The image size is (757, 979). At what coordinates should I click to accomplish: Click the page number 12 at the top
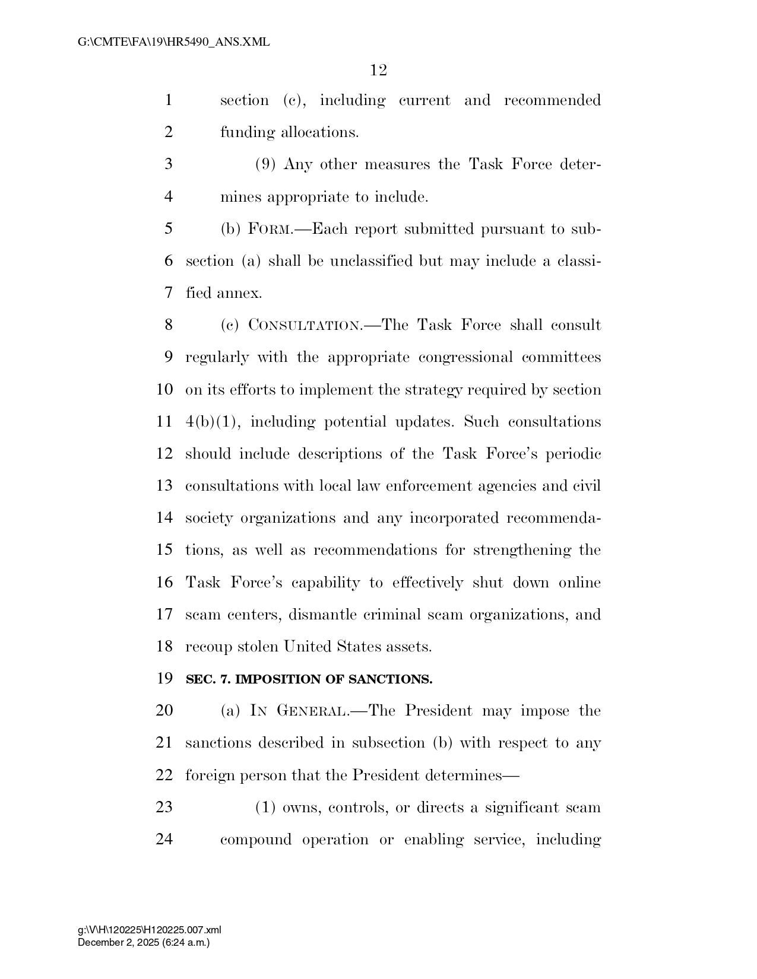(378, 71)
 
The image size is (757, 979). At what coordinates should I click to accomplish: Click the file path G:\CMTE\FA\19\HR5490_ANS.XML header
(173, 42)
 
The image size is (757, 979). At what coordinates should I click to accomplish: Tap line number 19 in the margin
(164, 678)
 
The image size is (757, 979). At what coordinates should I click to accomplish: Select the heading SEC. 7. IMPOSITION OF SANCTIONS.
(309, 679)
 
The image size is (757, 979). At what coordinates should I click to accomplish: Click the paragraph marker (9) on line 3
(265, 164)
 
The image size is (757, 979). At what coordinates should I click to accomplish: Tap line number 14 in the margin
(164, 518)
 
